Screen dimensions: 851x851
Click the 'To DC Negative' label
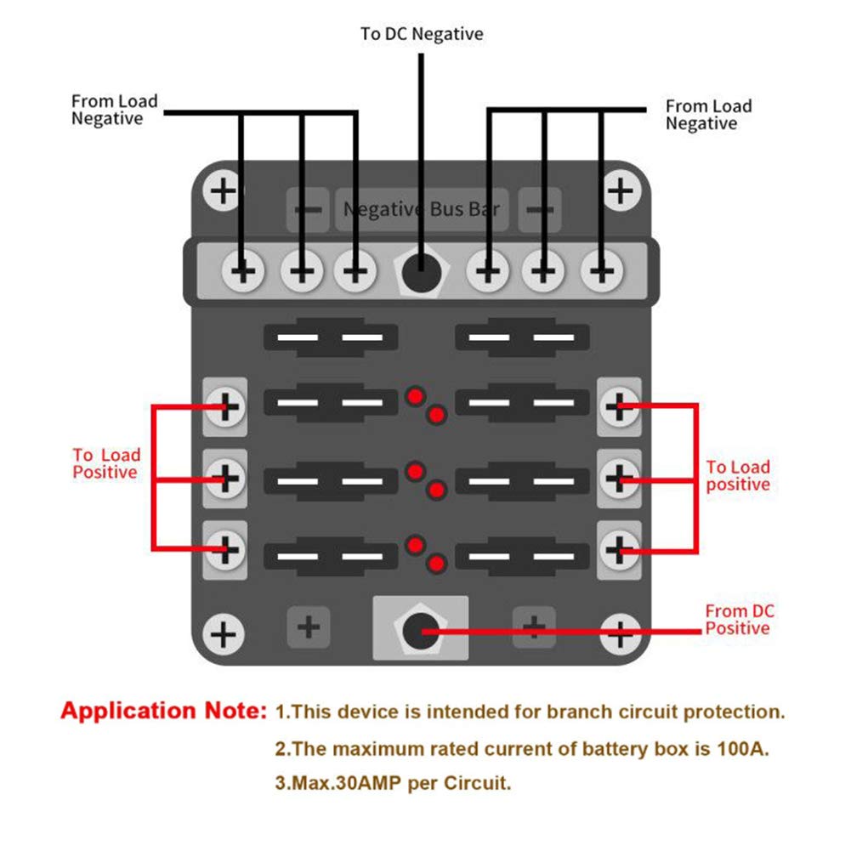coord(422,34)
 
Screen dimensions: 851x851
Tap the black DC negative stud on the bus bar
coord(421,271)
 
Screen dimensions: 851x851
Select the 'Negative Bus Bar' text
coord(422,209)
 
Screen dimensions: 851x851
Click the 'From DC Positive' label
coord(739,619)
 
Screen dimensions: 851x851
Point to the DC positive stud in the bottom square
coord(421,631)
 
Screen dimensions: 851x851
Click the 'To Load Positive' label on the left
coord(106,463)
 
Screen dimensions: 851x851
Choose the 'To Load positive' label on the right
coord(738,475)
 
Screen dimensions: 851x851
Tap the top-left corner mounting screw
coord(223,190)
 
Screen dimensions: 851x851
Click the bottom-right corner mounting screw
coord(620,633)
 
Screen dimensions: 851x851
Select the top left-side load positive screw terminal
coord(225,406)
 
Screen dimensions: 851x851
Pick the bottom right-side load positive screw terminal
coord(619,550)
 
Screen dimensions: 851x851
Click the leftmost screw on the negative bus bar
coord(243,270)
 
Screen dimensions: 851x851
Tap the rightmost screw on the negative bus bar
coord(601,270)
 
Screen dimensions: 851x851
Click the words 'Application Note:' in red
coord(164,711)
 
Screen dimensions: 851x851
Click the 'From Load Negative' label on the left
coord(115,110)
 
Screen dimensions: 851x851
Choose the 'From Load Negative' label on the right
coord(709,115)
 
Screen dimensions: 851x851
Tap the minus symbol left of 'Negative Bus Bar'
coord(308,209)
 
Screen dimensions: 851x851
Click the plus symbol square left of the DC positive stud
coord(309,627)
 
